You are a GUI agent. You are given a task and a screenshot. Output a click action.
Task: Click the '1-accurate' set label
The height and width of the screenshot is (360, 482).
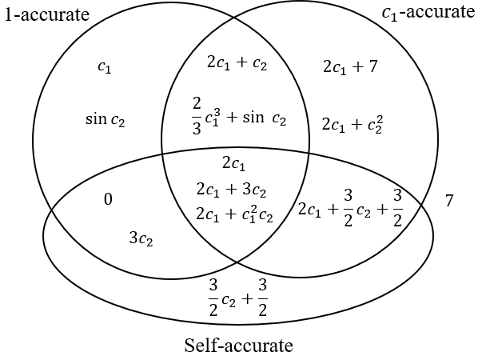pos(46,15)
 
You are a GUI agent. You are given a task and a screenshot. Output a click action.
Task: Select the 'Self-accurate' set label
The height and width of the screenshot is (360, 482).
pos(239,346)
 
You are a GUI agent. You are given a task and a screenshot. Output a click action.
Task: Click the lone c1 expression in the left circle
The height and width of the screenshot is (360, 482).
pos(104,68)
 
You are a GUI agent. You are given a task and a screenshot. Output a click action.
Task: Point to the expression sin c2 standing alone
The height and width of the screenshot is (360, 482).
pos(106,120)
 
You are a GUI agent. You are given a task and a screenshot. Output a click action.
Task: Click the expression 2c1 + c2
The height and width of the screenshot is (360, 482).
pos(237,64)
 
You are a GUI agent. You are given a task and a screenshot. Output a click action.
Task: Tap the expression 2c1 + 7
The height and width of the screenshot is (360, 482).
pos(349,66)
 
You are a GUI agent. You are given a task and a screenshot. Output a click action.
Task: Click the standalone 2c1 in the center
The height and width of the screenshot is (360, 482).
pos(234,164)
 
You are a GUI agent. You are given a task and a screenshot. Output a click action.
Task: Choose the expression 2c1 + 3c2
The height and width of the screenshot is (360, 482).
pos(231,190)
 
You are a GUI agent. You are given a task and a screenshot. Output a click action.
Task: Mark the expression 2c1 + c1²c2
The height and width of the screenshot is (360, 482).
pos(234,214)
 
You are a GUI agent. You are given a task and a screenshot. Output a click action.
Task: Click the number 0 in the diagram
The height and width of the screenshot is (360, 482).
pos(107,199)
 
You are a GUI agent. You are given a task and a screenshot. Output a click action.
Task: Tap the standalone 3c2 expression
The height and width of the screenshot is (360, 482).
pos(141,238)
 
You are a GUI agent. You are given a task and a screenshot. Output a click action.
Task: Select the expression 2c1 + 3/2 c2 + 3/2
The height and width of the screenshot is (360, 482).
pos(349,208)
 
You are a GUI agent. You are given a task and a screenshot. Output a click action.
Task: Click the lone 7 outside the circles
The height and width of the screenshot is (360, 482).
pos(449,201)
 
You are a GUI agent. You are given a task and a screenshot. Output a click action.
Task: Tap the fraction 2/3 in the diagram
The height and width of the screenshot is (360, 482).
pos(197,118)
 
